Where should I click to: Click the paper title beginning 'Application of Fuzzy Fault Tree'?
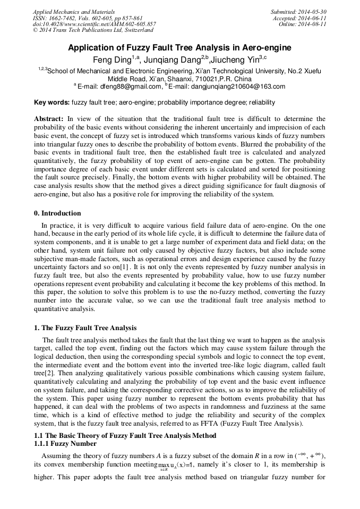179,48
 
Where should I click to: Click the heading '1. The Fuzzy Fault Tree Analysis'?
85,327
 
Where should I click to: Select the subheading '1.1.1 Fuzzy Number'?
65,443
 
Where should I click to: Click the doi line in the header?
94,24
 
